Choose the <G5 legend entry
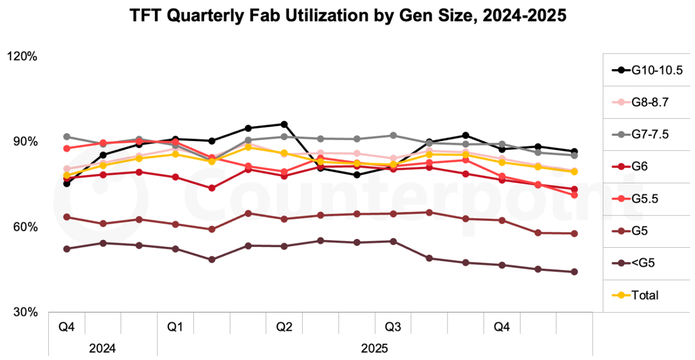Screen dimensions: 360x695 [643, 263]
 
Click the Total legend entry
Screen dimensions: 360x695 [645, 295]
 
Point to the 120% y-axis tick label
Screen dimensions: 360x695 [22, 57]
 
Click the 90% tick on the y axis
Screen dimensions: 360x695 [24, 142]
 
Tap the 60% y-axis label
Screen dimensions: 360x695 [24, 227]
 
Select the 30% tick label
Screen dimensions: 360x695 [24, 313]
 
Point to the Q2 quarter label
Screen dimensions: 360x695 [284, 327]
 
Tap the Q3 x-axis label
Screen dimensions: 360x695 [393, 327]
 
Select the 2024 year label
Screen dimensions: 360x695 [103, 347]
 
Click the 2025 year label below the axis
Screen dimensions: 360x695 [375, 347]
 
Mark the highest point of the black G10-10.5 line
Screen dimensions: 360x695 [284, 124]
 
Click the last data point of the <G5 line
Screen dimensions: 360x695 [574, 272]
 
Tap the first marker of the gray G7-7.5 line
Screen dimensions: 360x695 [67, 137]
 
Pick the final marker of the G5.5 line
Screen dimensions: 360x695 [574, 195]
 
